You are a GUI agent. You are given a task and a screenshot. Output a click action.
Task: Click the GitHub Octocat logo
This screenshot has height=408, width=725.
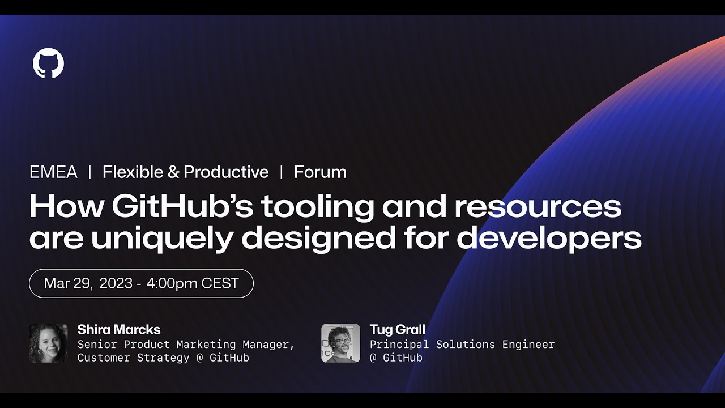click(x=48, y=63)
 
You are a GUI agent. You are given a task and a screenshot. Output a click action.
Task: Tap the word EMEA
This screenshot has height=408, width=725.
click(x=53, y=172)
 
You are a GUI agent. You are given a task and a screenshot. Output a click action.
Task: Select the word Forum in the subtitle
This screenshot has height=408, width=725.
click(x=320, y=172)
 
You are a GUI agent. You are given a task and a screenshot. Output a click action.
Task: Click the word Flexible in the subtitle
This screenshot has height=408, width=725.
click(x=133, y=172)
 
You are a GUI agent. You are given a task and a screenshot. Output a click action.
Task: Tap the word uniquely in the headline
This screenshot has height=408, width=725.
click(x=161, y=239)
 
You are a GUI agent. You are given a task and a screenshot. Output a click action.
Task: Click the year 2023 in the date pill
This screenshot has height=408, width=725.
click(x=116, y=283)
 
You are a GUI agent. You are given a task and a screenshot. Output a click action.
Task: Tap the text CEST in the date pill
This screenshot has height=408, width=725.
click(x=220, y=283)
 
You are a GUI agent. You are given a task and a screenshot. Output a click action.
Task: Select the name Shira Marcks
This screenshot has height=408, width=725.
click(x=119, y=330)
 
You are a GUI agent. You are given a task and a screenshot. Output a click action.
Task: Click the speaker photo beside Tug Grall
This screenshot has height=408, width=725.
click(x=340, y=343)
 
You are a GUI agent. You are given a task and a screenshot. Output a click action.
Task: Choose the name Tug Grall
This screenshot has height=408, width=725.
click(x=397, y=330)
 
